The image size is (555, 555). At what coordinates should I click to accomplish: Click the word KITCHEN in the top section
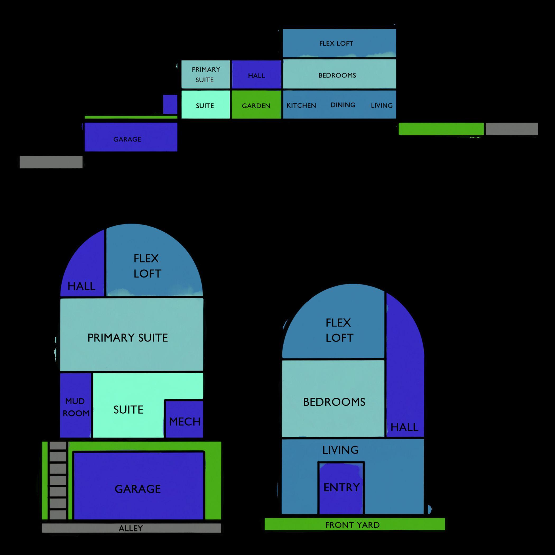(301, 105)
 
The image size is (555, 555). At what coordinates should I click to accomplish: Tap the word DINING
(343, 105)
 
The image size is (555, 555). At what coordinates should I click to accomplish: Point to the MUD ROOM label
(76, 407)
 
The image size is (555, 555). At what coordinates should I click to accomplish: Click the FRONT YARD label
(352, 525)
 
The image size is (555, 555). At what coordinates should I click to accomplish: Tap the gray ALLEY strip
(131, 528)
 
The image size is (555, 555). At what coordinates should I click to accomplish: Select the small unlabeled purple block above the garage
(170, 104)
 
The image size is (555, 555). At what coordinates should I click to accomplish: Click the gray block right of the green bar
(512, 129)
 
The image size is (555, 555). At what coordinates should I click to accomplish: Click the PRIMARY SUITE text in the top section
(205, 75)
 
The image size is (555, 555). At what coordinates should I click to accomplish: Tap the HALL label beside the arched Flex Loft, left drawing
(81, 286)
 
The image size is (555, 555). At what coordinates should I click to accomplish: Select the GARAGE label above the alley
(138, 489)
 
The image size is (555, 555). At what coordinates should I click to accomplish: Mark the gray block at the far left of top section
(51, 162)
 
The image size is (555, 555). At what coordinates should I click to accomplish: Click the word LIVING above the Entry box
(340, 450)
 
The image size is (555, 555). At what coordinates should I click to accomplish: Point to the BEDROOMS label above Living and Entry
(334, 402)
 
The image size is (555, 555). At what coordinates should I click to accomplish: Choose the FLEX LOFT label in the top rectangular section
(336, 43)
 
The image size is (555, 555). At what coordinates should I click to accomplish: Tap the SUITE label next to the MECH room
(128, 410)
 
